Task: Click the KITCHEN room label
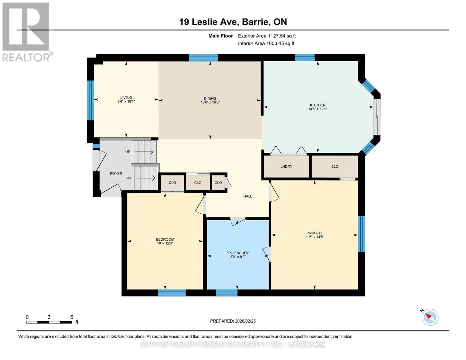click(x=318, y=105)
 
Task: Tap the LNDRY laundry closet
click(x=286, y=166)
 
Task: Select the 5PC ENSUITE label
click(x=238, y=253)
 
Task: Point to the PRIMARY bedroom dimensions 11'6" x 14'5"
click(x=314, y=237)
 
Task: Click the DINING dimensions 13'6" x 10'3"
click(x=210, y=102)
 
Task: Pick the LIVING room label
click(x=126, y=97)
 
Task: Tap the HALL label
click(x=248, y=196)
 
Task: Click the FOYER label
click(x=116, y=174)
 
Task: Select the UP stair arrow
click(x=144, y=152)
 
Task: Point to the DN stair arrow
click(x=146, y=178)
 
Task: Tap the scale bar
click(x=49, y=322)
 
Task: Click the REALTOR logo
click(x=27, y=32)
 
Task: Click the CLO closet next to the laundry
click(x=335, y=166)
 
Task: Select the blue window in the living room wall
click(x=91, y=100)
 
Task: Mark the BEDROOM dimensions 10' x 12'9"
click(x=165, y=243)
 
